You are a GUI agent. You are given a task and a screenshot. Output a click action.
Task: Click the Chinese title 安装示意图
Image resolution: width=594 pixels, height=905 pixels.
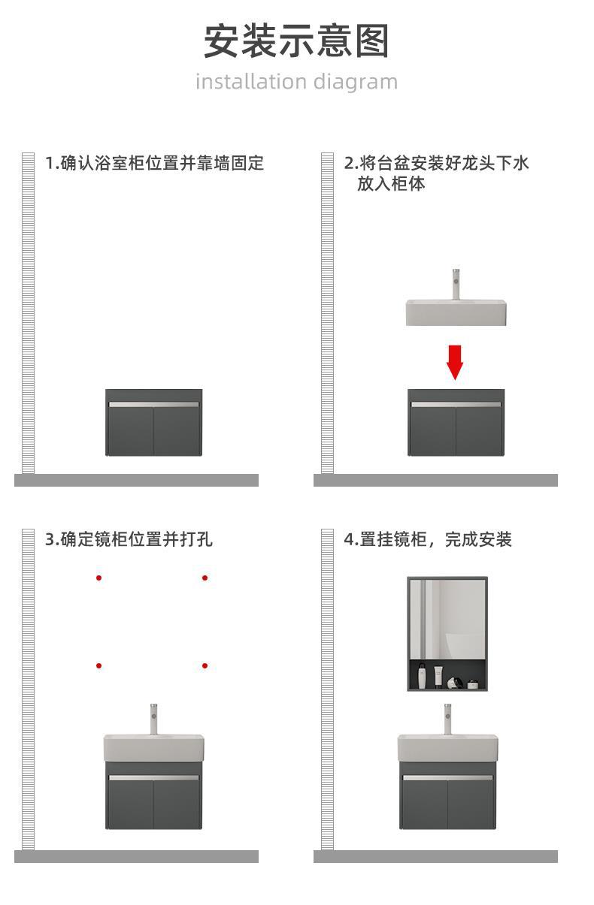(x=296, y=41)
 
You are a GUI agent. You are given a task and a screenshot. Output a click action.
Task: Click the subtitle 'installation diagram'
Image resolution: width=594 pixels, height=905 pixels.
(x=296, y=81)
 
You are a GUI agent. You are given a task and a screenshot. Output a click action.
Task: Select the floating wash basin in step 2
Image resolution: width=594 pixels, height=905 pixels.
(x=456, y=312)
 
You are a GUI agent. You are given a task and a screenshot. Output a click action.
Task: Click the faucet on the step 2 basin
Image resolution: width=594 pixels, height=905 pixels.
(x=455, y=284)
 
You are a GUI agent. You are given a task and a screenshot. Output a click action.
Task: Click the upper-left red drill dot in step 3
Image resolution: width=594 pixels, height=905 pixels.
(x=98, y=578)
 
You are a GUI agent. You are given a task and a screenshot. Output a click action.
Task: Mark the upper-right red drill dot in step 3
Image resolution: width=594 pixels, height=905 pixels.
(x=205, y=578)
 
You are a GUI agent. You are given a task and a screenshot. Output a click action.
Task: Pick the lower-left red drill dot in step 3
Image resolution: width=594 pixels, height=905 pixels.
(x=98, y=665)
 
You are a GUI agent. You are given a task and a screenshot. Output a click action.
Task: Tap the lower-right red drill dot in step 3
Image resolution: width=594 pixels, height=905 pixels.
(x=205, y=665)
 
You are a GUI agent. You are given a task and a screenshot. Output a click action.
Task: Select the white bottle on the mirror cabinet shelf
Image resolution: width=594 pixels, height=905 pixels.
(x=424, y=677)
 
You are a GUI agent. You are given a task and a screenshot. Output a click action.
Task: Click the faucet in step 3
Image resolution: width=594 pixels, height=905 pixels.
(x=153, y=718)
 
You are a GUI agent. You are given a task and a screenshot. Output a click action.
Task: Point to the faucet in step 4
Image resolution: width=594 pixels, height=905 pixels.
(x=447, y=718)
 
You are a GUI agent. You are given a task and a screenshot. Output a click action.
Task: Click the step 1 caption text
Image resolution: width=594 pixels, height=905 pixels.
(x=154, y=163)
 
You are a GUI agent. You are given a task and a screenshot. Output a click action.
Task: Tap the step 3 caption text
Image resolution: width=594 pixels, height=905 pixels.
(x=129, y=539)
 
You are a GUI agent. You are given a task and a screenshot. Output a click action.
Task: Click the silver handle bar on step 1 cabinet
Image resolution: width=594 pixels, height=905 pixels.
(x=153, y=404)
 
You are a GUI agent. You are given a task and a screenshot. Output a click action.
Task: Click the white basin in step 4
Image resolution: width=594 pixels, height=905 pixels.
(x=447, y=748)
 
